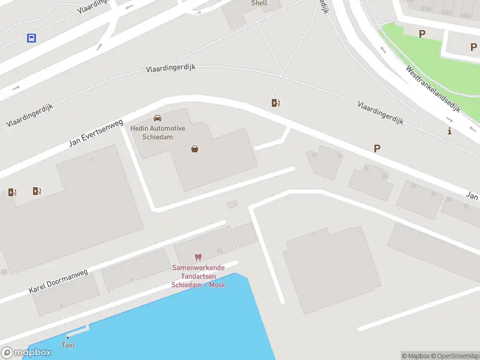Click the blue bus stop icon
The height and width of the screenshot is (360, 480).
click(31, 38)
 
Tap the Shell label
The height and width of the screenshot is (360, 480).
click(259, 3)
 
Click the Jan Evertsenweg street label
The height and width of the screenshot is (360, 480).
click(92, 131)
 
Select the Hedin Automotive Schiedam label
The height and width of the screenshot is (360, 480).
click(158, 133)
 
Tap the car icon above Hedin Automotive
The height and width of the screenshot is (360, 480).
click(157, 118)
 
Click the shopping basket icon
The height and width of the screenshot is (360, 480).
click(194, 148)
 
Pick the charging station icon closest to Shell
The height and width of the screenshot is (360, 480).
click(275, 103)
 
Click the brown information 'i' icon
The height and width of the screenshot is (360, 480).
click(449, 131)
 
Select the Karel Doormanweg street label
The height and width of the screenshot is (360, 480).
click(58, 281)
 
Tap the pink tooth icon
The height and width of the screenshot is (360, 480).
click(198, 257)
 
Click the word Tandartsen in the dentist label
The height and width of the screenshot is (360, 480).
click(199, 276)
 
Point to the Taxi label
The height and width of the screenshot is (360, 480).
click(68, 345)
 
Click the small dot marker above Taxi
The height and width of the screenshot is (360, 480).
click(68, 337)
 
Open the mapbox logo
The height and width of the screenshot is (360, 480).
click(26, 352)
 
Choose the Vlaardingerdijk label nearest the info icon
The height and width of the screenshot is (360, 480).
click(380, 113)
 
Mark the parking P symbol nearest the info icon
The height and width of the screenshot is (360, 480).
click(377, 148)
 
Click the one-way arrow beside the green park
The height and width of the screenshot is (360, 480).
click(383, 50)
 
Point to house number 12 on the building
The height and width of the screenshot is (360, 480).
click(314, 155)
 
